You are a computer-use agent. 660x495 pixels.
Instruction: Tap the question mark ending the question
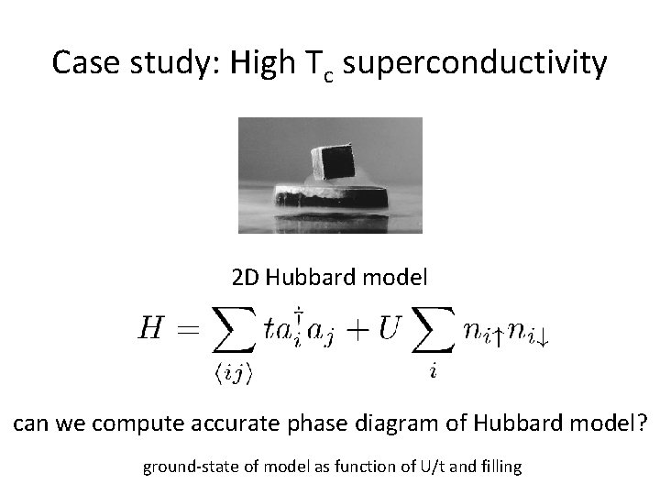pyautogui.click(x=642, y=425)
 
